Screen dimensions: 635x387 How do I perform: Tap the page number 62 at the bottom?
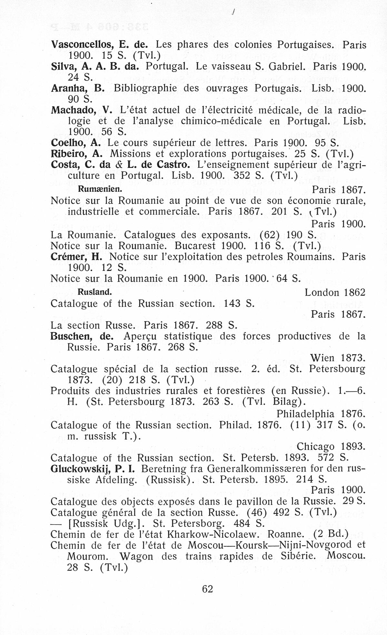(207, 589)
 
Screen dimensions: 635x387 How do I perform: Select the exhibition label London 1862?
(335, 293)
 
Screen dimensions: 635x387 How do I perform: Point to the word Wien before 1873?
(322, 358)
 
